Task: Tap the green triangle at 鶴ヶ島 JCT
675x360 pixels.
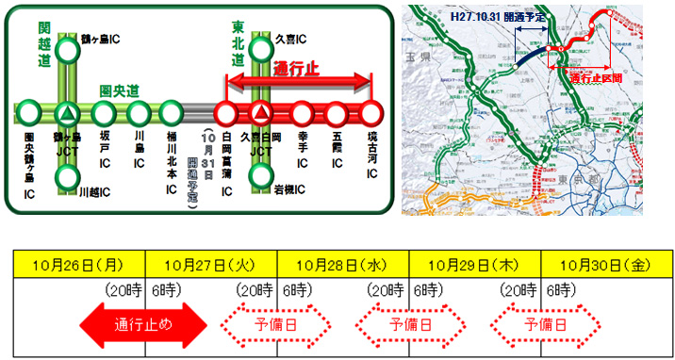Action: tap(67, 114)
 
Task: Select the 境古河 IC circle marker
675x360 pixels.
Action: tap(371, 114)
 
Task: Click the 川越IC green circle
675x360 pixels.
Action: tap(67, 177)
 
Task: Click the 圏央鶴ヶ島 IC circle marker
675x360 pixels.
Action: tap(29, 114)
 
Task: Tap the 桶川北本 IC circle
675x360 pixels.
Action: tap(173, 114)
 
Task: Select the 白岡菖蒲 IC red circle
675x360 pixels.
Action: tap(226, 114)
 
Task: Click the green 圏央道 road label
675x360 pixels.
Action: tap(120, 91)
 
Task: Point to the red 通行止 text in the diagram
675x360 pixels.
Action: tap(299, 70)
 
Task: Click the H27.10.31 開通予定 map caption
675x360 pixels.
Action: tap(491, 17)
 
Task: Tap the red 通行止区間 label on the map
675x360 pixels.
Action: tap(596, 78)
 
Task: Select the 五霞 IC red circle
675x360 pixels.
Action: tap(337, 114)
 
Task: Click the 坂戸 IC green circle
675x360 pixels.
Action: tap(104, 114)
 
